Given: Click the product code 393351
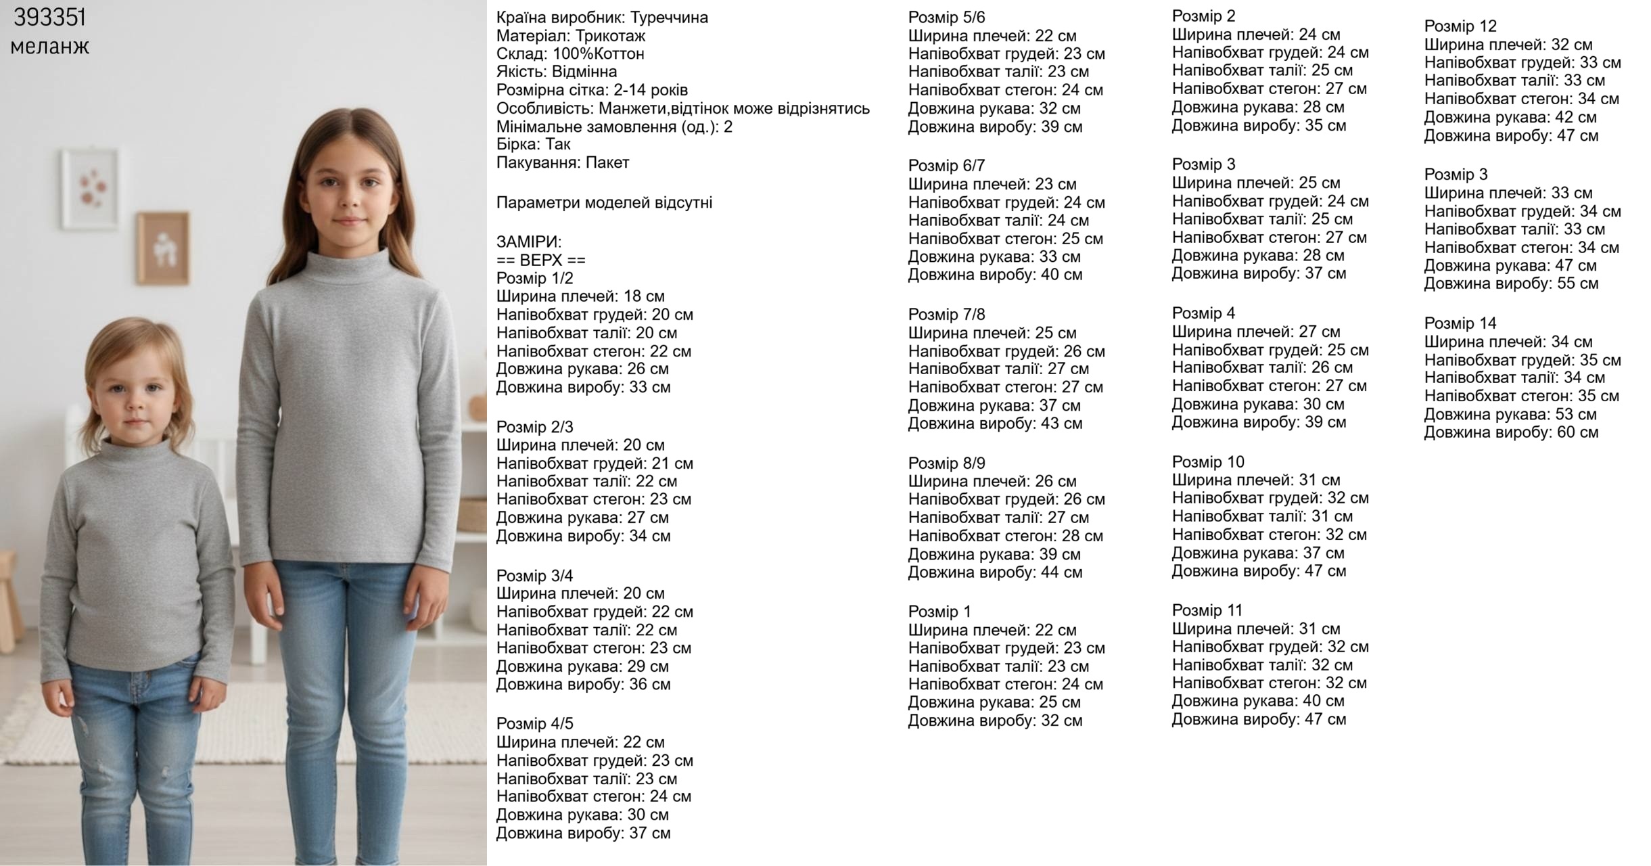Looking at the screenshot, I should pos(50,18).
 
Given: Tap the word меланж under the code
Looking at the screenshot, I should pos(50,47).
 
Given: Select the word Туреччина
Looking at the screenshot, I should pos(669,18).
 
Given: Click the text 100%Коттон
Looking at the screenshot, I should pos(598,53).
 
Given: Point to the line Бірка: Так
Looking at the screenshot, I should pos(533,144).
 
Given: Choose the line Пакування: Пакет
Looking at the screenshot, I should pos(562,162).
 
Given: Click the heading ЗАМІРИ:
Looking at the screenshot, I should pos(528,242).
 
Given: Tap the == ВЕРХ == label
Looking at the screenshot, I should pos(540,260).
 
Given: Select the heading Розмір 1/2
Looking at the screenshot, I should pos(534,278).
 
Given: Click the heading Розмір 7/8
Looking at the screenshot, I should pos(946,314).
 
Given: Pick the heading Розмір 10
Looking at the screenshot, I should pos(1207,461).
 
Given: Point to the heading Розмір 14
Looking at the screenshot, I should pos(1460,323).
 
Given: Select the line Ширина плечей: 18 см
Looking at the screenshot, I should pos(580,296).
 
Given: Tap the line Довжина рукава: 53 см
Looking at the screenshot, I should pos(1510,414).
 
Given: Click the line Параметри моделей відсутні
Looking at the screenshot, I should pos(603,202).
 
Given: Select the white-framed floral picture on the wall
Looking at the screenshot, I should pos(90,189).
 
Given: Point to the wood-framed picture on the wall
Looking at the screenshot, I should pos(162,248).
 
